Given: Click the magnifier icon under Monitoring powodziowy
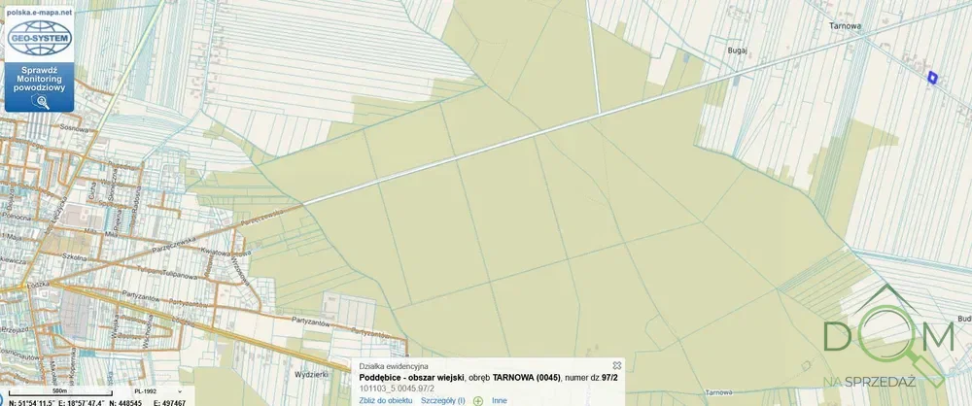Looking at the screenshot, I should tap(39, 101).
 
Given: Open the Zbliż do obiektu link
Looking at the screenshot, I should tap(386, 400).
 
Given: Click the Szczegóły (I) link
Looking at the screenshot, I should tap(442, 400).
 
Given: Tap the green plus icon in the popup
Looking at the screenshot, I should tap(478, 400).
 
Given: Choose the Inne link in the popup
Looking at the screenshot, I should tap(499, 400).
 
